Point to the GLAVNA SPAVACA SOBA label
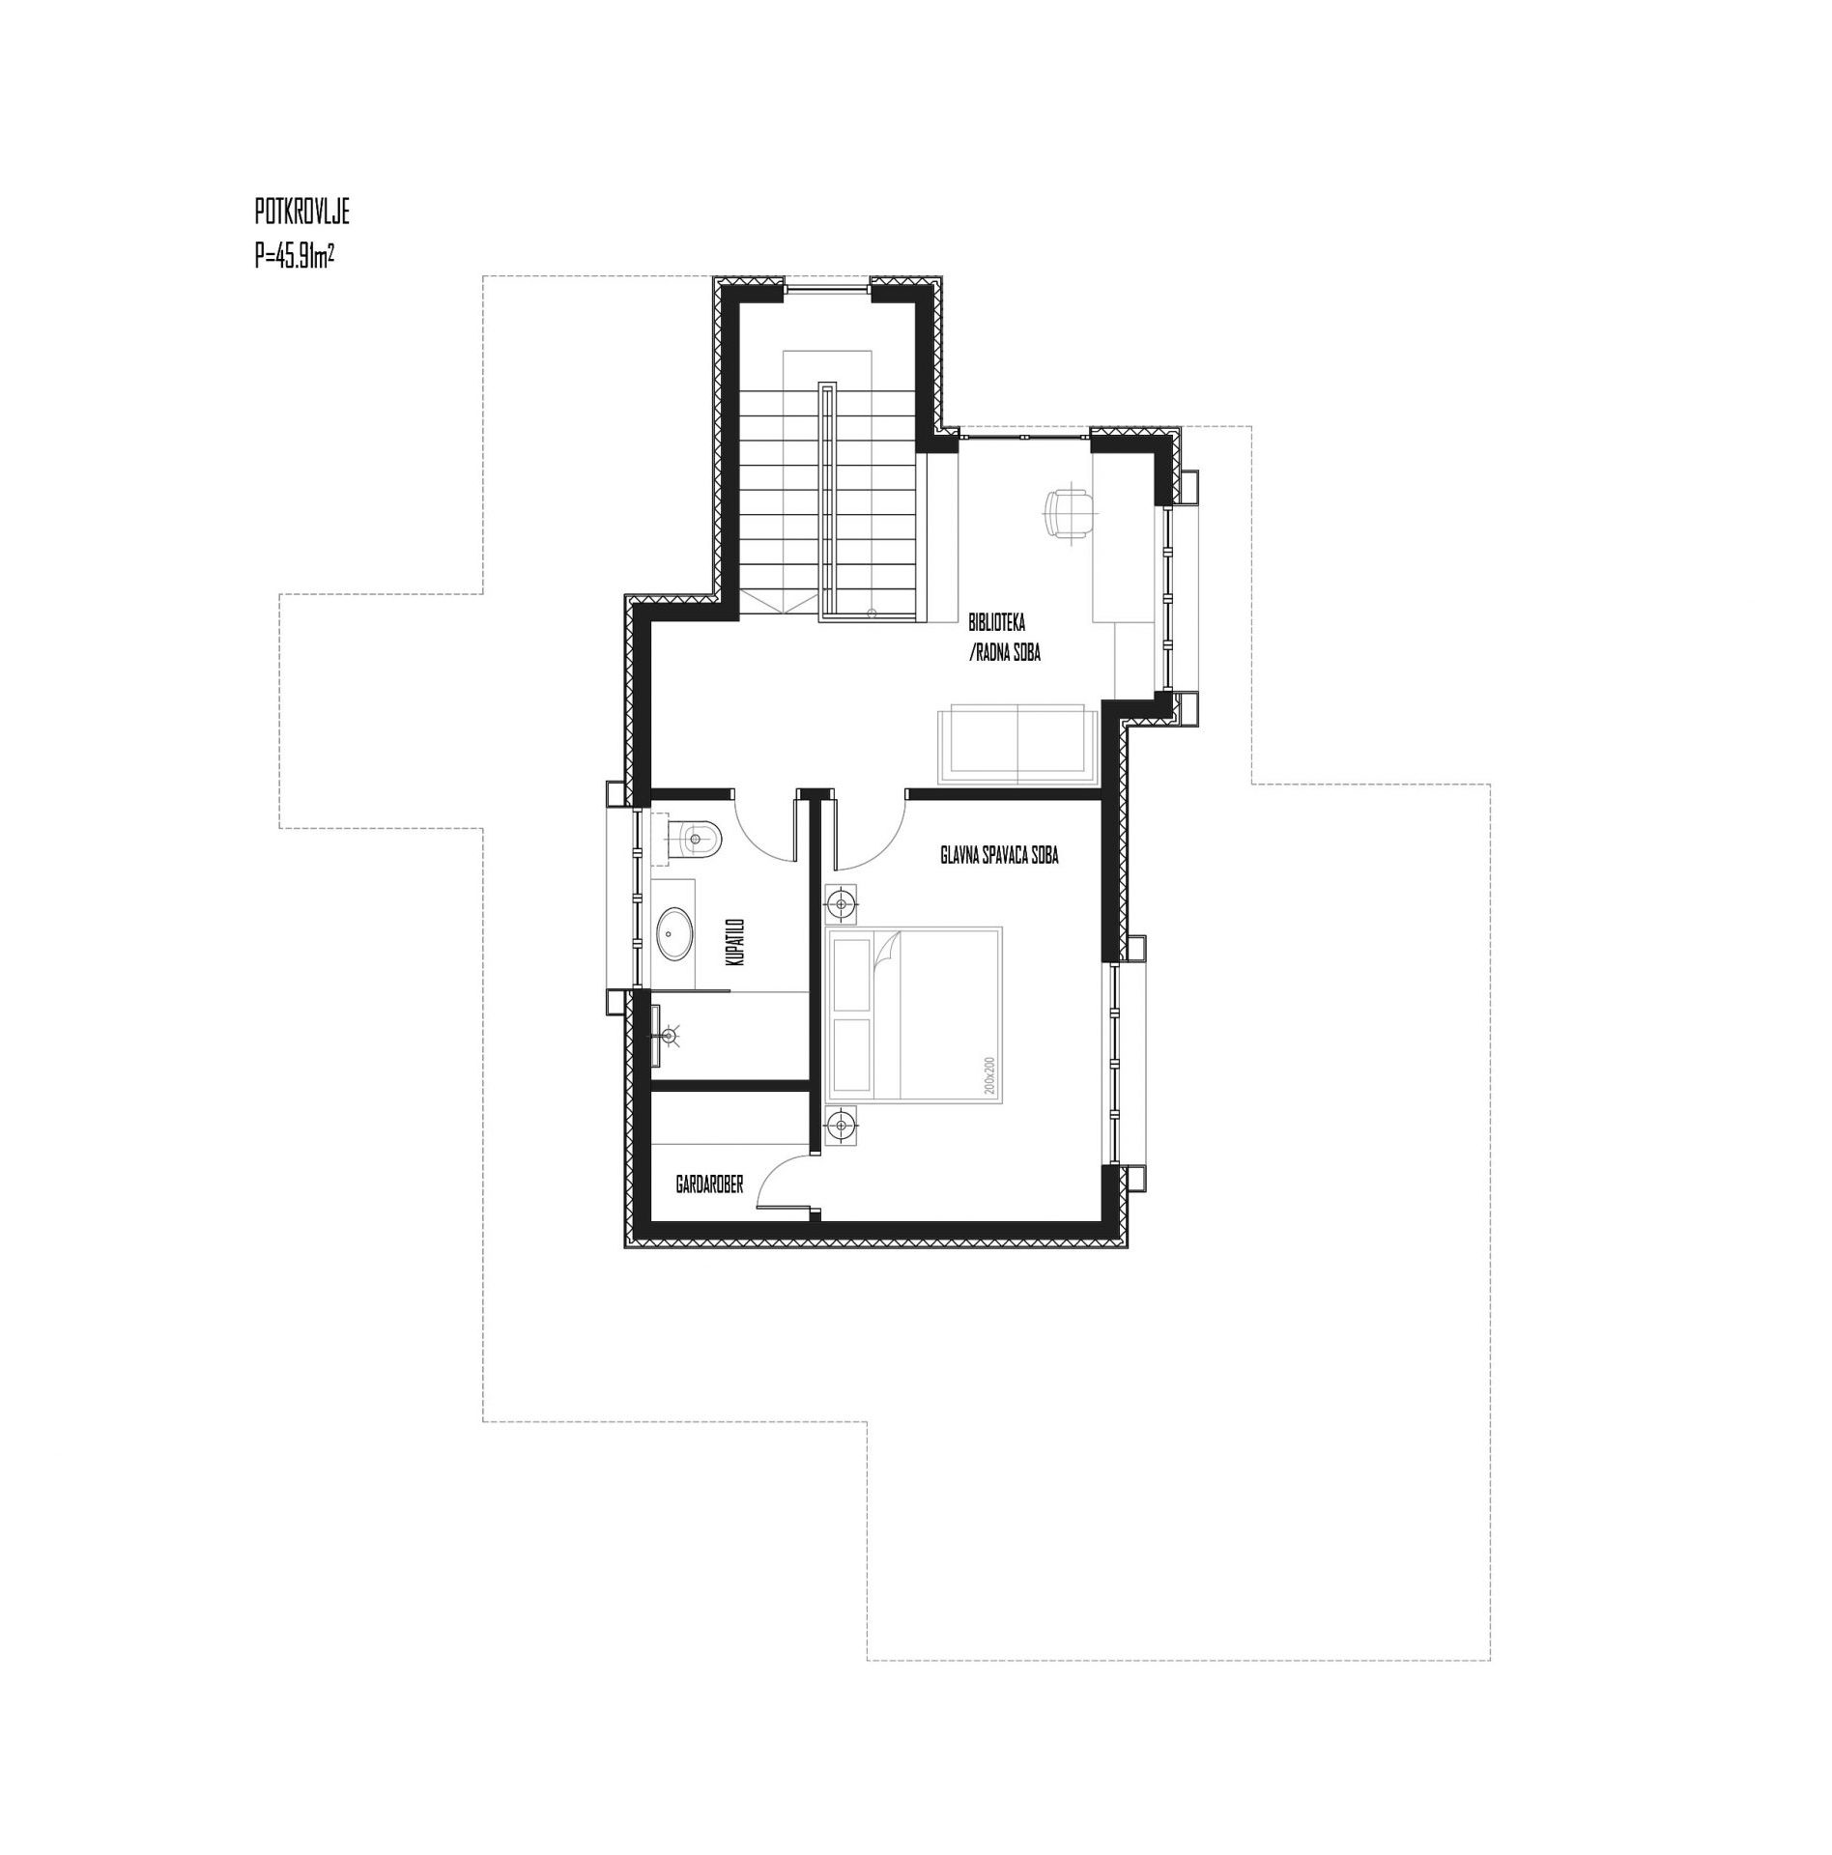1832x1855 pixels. [999, 855]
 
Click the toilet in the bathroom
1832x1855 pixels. [694, 838]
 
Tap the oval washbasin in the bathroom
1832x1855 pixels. [674, 933]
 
